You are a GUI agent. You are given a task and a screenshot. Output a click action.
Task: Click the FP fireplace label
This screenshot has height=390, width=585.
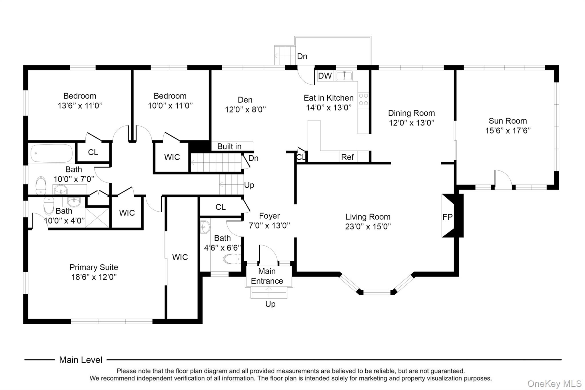tap(447, 217)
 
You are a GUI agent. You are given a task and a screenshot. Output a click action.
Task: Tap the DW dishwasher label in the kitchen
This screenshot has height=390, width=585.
tap(325, 76)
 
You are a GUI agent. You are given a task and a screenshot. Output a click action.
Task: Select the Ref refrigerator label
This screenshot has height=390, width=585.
tap(347, 157)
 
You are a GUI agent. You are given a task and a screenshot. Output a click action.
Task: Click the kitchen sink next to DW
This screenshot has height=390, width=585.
tap(344, 76)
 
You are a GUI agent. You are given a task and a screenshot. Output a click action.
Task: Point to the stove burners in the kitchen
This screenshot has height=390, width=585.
tap(363, 99)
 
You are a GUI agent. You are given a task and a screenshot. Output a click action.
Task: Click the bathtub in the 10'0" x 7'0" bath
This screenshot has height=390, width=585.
tap(51, 153)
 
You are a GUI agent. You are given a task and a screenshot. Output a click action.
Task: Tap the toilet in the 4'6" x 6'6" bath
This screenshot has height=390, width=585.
tap(232, 259)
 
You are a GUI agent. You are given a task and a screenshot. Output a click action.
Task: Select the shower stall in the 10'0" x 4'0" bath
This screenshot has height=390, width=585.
tap(97, 217)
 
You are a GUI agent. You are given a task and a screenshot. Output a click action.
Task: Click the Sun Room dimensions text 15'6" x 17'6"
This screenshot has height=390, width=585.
tap(508, 131)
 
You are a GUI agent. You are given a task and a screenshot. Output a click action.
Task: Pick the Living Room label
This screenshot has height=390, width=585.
tap(368, 217)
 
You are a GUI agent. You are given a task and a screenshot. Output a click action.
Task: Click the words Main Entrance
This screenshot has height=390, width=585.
tap(267, 276)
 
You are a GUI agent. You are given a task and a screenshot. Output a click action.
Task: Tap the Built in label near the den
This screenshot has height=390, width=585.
tap(229, 146)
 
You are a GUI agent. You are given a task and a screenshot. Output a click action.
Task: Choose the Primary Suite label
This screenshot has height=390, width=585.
tap(94, 267)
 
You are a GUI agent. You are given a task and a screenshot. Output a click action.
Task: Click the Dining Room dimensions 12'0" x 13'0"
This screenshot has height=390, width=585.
tap(412, 123)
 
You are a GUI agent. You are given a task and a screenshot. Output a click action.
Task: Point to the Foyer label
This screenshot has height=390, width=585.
tap(269, 216)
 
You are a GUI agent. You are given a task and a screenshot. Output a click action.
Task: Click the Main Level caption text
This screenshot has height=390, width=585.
tap(81, 360)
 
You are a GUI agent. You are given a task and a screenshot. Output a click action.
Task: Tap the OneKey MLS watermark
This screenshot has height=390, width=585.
tap(554, 384)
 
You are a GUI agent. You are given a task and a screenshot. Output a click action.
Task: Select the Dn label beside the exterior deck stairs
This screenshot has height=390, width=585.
tap(302, 56)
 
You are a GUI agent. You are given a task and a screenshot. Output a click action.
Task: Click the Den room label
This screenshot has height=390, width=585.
tap(245, 100)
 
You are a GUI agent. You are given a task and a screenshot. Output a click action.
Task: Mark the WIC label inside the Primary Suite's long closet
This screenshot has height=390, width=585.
tap(180, 257)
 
